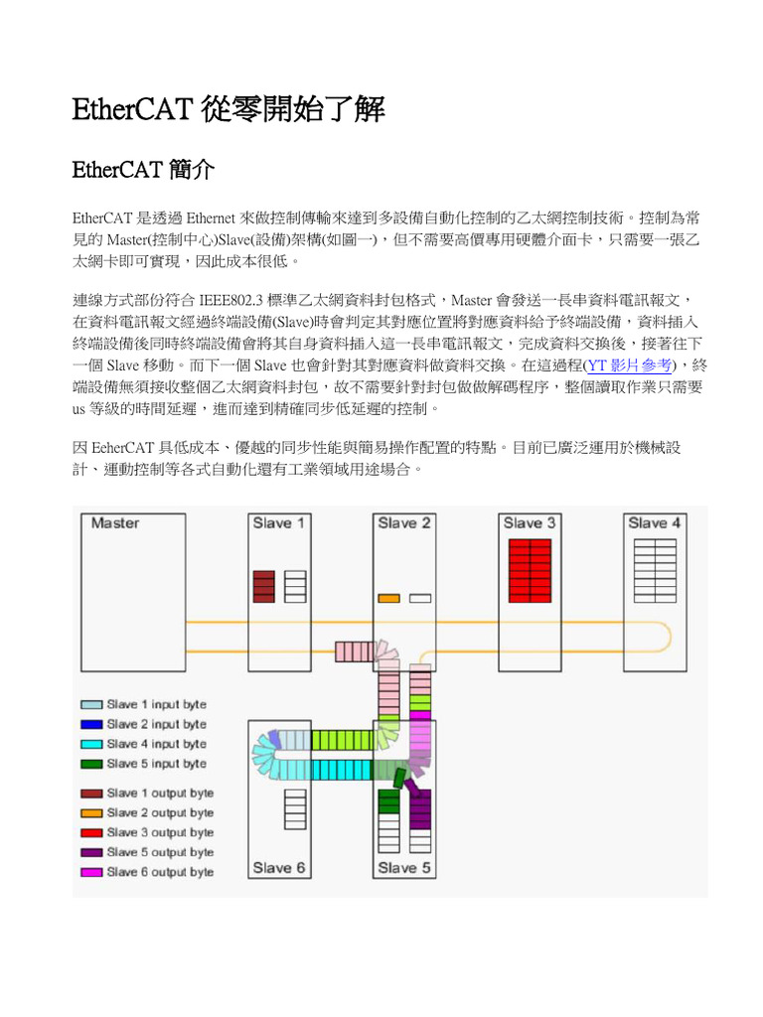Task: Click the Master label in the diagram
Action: click(x=115, y=523)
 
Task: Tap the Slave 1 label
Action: click(x=279, y=523)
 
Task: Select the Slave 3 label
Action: click(x=530, y=523)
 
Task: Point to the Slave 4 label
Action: click(x=654, y=523)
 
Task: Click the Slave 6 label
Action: click(x=279, y=867)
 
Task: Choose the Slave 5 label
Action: click(x=404, y=867)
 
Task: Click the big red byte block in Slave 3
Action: click(x=529, y=570)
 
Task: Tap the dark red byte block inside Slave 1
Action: click(x=263, y=586)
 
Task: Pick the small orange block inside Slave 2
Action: click(x=388, y=598)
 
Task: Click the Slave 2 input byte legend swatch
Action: click(x=91, y=724)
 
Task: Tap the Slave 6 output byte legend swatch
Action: click(x=91, y=872)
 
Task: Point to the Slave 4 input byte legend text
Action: click(x=157, y=744)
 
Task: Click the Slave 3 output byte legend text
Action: click(x=160, y=832)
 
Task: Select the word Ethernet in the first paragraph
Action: click(x=210, y=218)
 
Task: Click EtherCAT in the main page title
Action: click(x=132, y=109)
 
